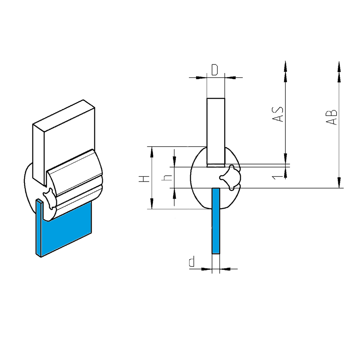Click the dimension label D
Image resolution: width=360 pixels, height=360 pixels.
[215, 70]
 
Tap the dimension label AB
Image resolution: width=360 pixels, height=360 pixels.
[332, 116]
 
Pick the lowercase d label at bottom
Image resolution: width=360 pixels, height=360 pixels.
[192, 262]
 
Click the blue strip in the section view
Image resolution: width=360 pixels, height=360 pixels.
[216, 221]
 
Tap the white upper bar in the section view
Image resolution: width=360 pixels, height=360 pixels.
[216, 132]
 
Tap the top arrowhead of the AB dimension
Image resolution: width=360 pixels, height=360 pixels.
[339, 67]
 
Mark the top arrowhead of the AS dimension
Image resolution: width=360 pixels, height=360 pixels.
[285, 67]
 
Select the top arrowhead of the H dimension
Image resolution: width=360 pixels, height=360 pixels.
[152, 152]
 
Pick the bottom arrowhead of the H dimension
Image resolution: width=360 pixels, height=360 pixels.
[152, 204]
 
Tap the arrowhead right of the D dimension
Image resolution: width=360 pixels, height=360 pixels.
[230, 77]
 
